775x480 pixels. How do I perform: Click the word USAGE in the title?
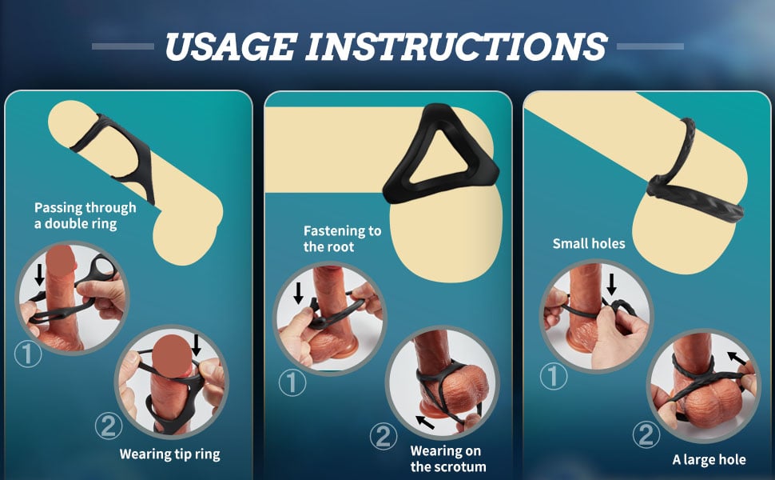pyautogui.click(x=231, y=46)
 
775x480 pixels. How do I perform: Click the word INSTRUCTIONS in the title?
pyautogui.click(x=457, y=46)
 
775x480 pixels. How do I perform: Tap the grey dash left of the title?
pyautogui.click(x=122, y=46)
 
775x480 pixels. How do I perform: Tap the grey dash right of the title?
pyautogui.click(x=650, y=46)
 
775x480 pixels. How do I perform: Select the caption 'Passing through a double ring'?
pyautogui.click(x=85, y=216)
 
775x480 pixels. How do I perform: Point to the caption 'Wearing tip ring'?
pyautogui.click(x=169, y=454)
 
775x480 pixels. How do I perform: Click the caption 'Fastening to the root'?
pyautogui.click(x=342, y=238)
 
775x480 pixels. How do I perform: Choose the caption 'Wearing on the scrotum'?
pyautogui.click(x=447, y=458)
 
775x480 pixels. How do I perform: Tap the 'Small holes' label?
pyautogui.click(x=589, y=243)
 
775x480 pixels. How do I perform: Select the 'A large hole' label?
pyautogui.click(x=709, y=460)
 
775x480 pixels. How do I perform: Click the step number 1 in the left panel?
pyautogui.click(x=28, y=354)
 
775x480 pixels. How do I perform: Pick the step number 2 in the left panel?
pyautogui.click(x=109, y=426)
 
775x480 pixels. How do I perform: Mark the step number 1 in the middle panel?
pyautogui.click(x=292, y=382)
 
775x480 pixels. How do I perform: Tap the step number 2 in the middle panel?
pyautogui.click(x=384, y=436)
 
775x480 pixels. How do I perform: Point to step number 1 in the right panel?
pyautogui.click(x=553, y=376)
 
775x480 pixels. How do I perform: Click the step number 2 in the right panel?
pyautogui.click(x=646, y=434)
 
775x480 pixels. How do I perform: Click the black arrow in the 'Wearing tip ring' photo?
pyautogui.click(x=197, y=345)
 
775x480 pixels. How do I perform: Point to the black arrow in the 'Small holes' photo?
pyautogui.click(x=611, y=284)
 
